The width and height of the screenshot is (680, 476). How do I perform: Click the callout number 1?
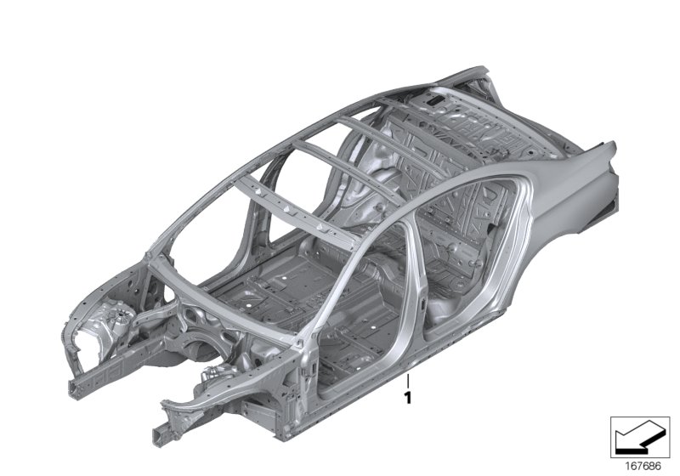point(408,396)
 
